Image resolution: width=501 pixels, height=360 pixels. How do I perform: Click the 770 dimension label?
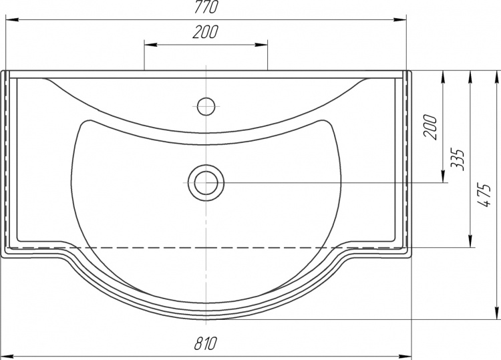(206, 7)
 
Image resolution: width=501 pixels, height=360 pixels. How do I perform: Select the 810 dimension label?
(206, 343)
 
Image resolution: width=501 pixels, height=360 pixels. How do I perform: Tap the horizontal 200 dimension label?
(206, 31)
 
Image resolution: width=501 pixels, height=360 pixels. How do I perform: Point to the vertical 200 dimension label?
(430, 126)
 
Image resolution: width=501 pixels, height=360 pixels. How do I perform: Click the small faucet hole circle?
(206, 106)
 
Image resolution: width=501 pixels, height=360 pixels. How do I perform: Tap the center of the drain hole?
(206, 183)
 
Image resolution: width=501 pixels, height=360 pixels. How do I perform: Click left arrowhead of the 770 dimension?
(12, 20)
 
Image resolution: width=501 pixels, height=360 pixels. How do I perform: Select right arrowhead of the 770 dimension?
(400, 20)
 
